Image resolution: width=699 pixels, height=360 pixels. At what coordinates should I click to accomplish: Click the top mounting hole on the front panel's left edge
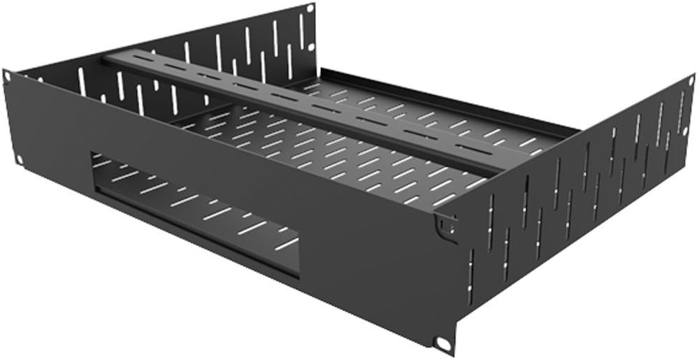pyautogui.click(x=7, y=75)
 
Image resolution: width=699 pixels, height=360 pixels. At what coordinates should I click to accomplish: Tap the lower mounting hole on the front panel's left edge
pyautogui.click(x=19, y=160)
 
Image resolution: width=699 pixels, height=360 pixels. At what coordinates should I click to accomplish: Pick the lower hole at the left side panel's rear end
pyautogui.click(x=310, y=47)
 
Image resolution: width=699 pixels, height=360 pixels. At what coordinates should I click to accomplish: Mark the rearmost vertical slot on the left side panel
pyautogui.click(x=302, y=32)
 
